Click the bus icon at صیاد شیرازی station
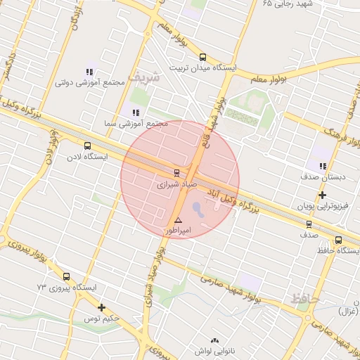(x=176, y=172)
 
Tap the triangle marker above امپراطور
(x=178, y=220)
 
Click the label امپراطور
(x=178, y=231)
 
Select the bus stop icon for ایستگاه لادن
(x=87, y=146)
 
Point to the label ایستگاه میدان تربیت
(x=204, y=69)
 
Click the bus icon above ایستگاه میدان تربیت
(x=203, y=58)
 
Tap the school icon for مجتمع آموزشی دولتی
(x=89, y=72)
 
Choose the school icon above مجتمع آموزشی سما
(x=135, y=112)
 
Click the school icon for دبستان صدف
(x=323, y=166)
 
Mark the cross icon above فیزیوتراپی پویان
(x=323, y=195)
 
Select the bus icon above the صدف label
(x=309, y=225)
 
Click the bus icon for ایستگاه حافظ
(x=339, y=240)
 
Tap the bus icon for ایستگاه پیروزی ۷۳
(x=66, y=277)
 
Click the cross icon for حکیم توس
(x=102, y=307)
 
